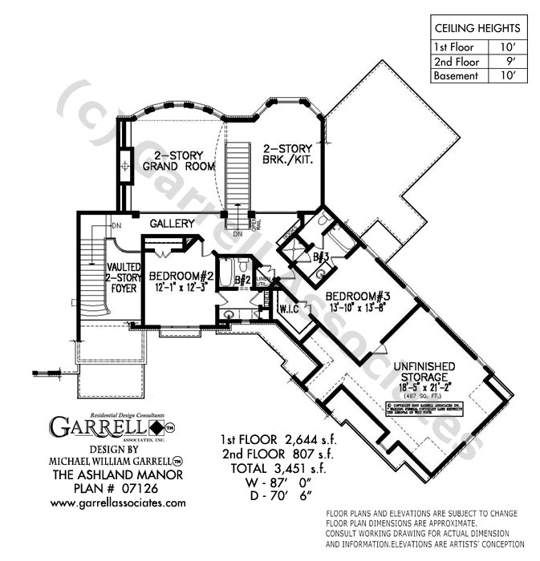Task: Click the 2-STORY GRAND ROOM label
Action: (178, 160)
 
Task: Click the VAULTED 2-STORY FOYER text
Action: (124, 277)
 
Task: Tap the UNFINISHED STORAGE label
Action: (424, 372)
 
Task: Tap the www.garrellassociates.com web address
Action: (118, 502)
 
